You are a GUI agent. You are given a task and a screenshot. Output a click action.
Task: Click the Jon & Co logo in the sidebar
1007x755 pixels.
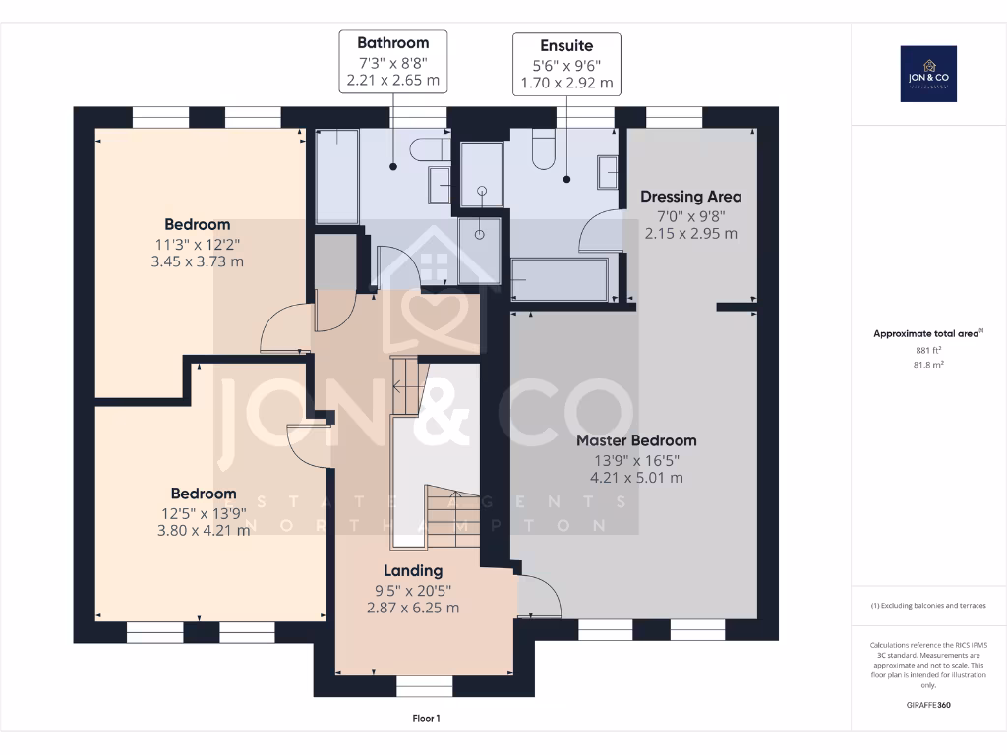pyautogui.click(x=928, y=74)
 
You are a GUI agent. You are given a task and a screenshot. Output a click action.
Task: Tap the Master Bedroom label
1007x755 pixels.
pyautogui.click(x=636, y=440)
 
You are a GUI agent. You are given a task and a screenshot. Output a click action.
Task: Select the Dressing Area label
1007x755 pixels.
pyautogui.click(x=691, y=197)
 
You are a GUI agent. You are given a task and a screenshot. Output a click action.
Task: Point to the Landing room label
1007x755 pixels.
pyautogui.click(x=413, y=570)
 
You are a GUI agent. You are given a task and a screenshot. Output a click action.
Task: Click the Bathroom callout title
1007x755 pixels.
pyautogui.click(x=392, y=43)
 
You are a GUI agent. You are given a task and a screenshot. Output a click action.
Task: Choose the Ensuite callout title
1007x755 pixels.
pyautogui.click(x=566, y=46)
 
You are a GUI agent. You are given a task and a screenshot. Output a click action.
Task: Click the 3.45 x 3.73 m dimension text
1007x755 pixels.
pyautogui.click(x=198, y=261)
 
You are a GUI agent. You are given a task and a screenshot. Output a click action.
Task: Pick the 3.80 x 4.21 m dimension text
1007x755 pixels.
pyautogui.click(x=204, y=530)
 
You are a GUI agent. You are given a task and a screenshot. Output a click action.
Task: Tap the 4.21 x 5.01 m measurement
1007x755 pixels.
pyautogui.click(x=636, y=478)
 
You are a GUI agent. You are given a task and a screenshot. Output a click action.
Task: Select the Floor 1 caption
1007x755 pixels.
pyautogui.click(x=426, y=719)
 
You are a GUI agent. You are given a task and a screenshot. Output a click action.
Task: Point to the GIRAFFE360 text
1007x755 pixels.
pyautogui.click(x=929, y=705)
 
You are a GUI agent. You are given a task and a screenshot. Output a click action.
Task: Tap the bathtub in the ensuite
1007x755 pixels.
pyautogui.click(x=561, y=279)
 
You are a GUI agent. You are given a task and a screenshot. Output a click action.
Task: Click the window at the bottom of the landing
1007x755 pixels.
pyautogui.click(x=425, y=685)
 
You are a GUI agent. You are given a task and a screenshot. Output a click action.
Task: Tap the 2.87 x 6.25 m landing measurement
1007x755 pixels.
pyautogui.click(x=413, y=608)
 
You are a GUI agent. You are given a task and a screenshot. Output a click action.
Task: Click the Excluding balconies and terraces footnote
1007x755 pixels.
pyautogui.click(x=928, y=605)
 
